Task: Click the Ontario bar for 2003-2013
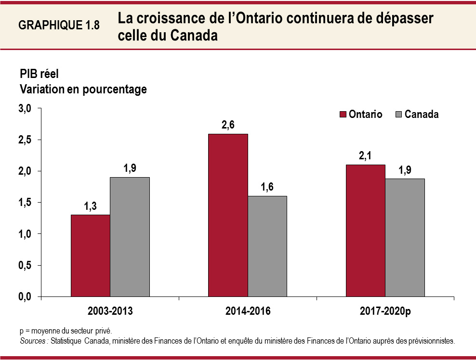(x=90, y=256)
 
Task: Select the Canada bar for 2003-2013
(x=130, y=237)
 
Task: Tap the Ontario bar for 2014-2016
(x=228, y=215)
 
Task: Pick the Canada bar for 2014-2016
(x=267, y=246)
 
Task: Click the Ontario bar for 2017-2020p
(x=365, y=231)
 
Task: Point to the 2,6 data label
(x=228, y=126)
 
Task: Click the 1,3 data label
(x=91, y=206)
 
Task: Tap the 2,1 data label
(x=365, y=156)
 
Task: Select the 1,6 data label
(x=267, y=187)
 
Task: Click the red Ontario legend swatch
(x=343, y=115)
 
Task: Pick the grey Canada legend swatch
(x=398, y=115)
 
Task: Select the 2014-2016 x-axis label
(x=248, y=311)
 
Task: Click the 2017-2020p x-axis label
(x=385, y=311)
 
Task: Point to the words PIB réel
(x=39, y=74)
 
